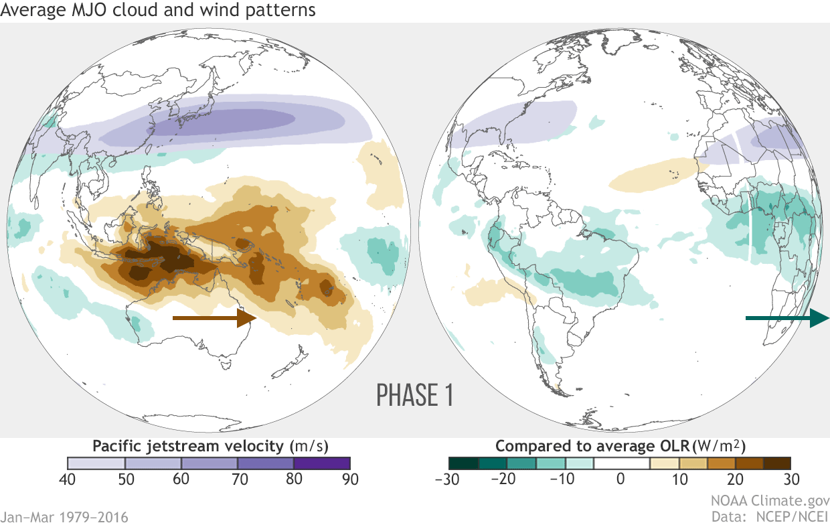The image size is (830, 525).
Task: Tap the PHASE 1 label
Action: pos(415,395)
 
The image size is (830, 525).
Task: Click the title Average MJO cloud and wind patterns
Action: pos(158,11)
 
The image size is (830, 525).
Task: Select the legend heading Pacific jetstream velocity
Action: pos(210,446)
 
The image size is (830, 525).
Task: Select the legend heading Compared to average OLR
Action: pos(620,446)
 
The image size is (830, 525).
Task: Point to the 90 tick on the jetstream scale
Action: pos(350,479)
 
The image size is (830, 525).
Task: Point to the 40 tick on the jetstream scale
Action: pos(68,479)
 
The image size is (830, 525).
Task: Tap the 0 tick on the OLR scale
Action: pos(620,479)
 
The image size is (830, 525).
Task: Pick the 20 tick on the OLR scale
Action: pos(734,479)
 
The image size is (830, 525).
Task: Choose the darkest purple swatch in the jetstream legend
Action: pos(322,463)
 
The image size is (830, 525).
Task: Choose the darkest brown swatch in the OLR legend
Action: pos(776,463)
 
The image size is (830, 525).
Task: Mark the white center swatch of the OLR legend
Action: pos(620,463)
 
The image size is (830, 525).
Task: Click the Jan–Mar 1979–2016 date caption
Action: pos(64,516)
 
